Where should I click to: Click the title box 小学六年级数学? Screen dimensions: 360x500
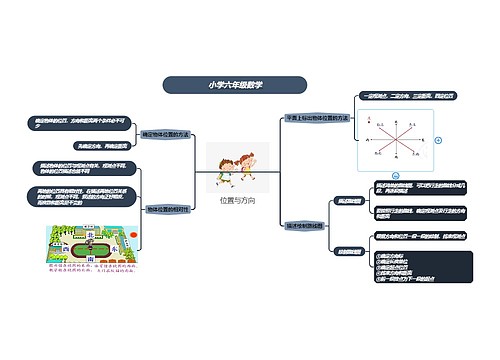click(235, 85)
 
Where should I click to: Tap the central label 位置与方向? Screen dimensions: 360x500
click(237, 201)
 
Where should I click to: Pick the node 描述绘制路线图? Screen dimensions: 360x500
click(304, 224)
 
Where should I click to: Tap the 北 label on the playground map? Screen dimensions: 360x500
click(89, 233)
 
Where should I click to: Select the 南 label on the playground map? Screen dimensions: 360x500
click(88, 258)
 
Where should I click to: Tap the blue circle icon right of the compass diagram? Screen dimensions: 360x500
click(437, 140)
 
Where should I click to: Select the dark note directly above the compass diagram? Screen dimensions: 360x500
click(396, 96)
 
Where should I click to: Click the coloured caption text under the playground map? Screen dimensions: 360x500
click(88, 271)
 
